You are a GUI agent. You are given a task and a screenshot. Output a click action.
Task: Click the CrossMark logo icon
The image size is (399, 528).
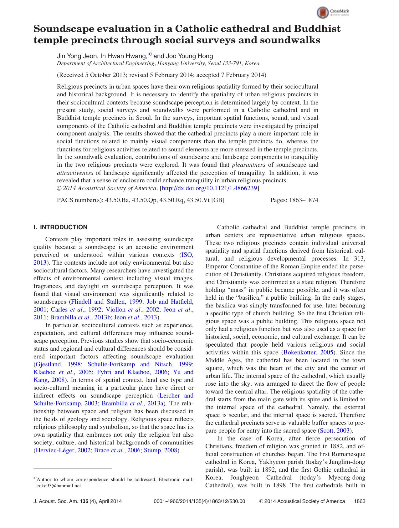[x=323, y=13]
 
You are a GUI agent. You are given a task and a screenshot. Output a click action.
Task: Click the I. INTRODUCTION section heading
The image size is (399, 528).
[x=60, y=227]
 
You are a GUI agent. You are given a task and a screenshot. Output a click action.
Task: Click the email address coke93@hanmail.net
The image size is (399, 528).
[x=59, y=486]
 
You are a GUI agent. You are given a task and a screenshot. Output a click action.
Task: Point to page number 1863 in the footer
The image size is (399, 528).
[x=360, y=501]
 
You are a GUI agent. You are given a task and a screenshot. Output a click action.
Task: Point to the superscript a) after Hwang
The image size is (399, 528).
[x=150, y=54]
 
